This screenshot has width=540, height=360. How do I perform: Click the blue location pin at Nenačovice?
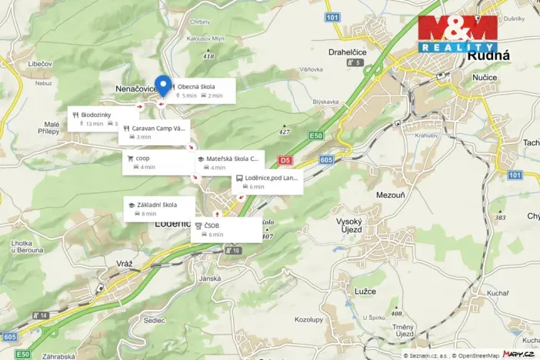pos(162,84)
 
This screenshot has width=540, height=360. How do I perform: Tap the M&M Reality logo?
pos(457,33)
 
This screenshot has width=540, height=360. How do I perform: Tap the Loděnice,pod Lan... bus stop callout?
pos(267,182)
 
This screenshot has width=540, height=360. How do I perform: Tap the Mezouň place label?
pos(390,195)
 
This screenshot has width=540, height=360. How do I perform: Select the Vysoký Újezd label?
pos(354,225)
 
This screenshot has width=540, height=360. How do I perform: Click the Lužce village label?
pos(366,292)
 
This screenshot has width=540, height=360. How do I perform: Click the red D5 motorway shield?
pos(285,161)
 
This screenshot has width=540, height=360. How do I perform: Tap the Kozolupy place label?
pos(308,319)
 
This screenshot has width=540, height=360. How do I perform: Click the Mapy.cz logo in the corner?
pos(518,354)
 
